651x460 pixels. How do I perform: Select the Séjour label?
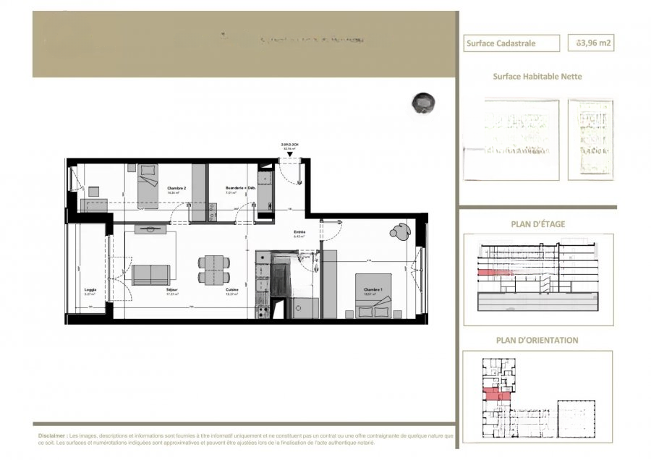coord(172,289)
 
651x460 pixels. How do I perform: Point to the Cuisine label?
coord(231,289)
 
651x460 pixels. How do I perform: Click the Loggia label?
coord(90,291)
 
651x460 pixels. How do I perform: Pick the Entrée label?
coord(299,234)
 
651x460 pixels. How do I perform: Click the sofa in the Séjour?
coord(150,274)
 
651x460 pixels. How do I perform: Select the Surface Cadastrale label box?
coord(511,43)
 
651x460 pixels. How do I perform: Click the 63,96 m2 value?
coord(594,43)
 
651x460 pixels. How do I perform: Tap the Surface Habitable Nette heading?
coord(537,76)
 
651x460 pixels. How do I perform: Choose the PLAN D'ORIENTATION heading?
coord(537,340)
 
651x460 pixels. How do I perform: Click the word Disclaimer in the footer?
coord(52,437)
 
